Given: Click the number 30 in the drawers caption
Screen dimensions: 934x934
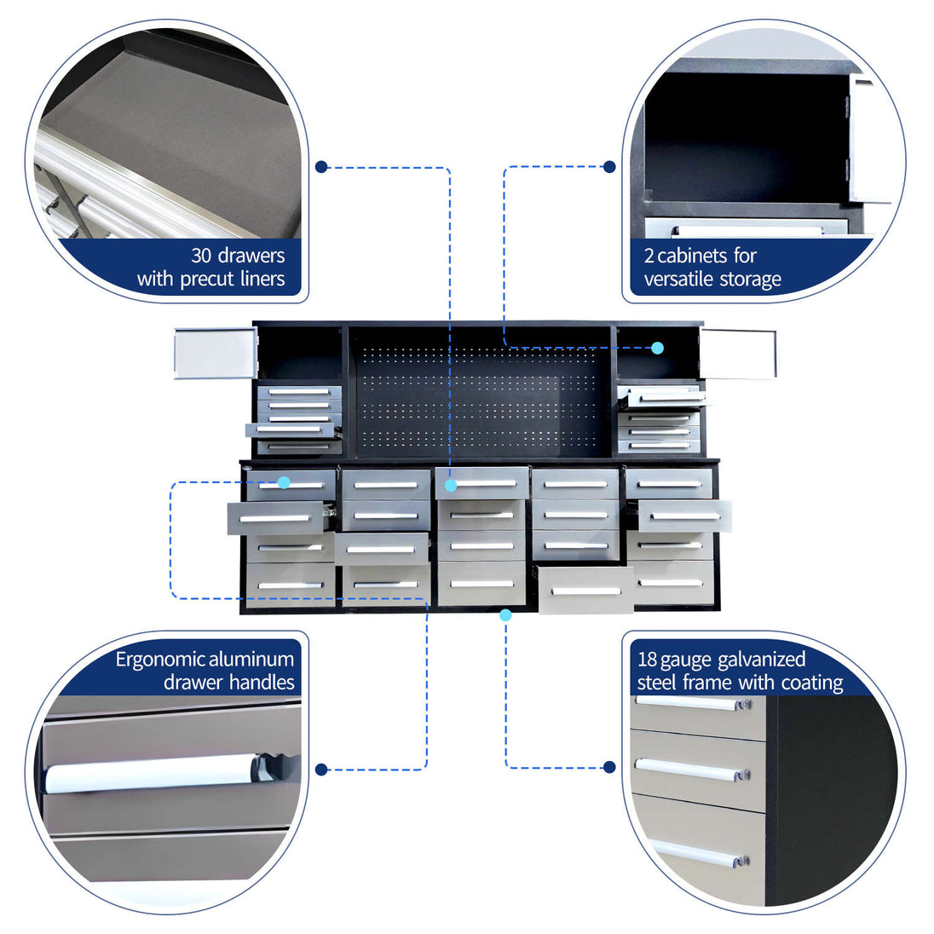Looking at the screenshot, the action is click(201, 256).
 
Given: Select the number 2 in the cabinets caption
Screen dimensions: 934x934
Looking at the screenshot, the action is click(649, 257).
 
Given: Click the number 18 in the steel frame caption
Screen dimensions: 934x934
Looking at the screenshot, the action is click(647, 660).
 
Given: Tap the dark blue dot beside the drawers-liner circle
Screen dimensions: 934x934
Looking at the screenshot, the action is click(321, 167).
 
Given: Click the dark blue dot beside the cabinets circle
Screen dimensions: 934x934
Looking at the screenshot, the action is click(609, 167).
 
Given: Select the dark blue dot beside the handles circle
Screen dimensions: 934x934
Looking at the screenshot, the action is click(321, 770).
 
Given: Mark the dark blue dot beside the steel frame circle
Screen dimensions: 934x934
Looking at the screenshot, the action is click(609, 767).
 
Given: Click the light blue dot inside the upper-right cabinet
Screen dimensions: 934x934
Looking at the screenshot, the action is click(658, 348).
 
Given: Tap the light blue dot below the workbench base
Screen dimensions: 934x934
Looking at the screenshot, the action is click(505, 614).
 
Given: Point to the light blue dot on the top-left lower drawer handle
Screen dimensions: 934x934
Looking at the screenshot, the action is click(284, 482).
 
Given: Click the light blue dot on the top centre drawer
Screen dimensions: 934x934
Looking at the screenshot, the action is click(451, 486).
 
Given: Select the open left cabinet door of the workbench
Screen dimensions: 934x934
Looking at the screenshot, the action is click(215, 353).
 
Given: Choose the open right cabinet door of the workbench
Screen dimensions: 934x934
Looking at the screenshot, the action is click(738, 353).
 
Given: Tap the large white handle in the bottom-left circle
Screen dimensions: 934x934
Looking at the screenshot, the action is click(152, 775).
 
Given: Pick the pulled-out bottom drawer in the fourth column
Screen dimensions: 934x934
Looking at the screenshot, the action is click(586, 590).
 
